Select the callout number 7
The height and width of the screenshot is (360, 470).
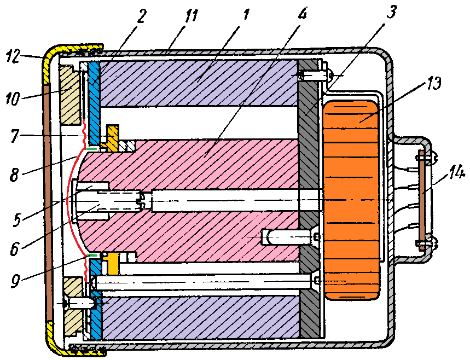(x=14, y=136)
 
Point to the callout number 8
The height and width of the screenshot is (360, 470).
(x=14, y=175)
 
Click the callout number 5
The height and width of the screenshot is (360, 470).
(x=17, y=219)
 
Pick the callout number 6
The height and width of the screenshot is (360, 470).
(x=14, y=248)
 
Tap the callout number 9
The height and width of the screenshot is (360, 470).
(x=15, y=281)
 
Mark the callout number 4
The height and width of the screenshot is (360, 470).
(x=302, y=14)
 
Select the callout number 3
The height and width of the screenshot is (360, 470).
(x=391, y=12)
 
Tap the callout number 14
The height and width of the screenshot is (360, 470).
(x=457, y=174)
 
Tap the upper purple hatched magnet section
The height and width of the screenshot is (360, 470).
(x=198, y=83)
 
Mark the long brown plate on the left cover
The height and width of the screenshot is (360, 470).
(x=48, y=203)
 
